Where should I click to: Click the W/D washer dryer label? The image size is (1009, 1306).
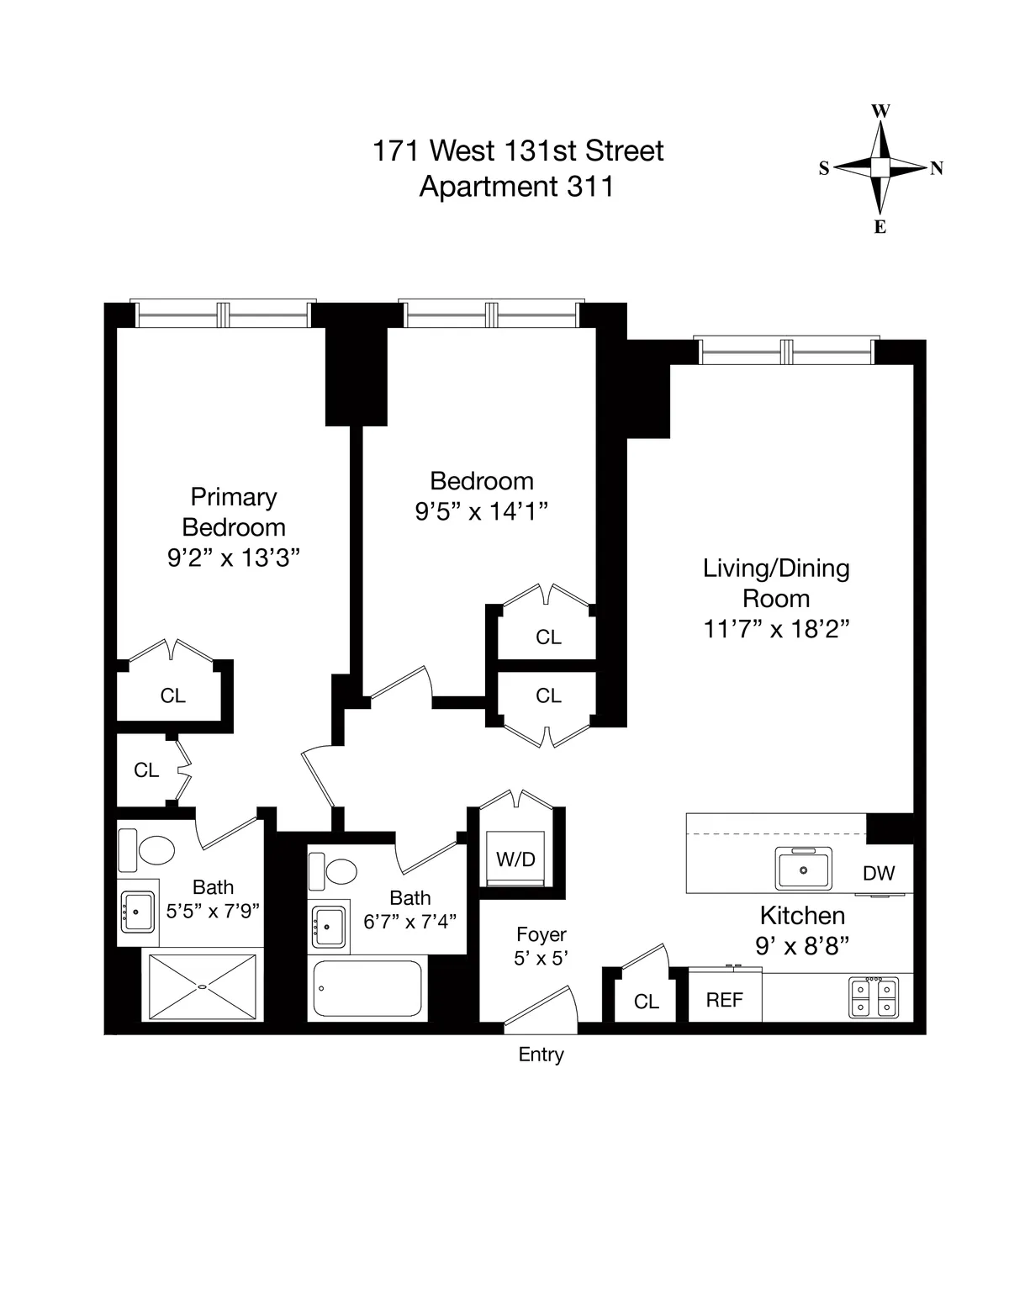(x=515, y=859)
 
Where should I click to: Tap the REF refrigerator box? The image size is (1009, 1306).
(x=724, y=999)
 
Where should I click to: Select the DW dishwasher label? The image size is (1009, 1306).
(x=879, y=873)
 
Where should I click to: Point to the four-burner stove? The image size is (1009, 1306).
(x=874, y=997)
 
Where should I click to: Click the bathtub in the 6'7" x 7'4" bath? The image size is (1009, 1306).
(x=367, y=989)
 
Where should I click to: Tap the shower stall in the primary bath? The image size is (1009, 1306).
(x=202, y=986)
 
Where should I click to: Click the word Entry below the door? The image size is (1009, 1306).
(x=541, y=1055)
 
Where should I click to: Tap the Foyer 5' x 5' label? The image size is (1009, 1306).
(x=541, y=945)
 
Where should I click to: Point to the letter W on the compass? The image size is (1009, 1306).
(x=880, y=111)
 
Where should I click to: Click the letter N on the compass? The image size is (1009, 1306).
(x=936, y=168)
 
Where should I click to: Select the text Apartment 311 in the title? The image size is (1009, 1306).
(x=516, y=186)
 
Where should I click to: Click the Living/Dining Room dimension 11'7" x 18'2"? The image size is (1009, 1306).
(x=776, y=629)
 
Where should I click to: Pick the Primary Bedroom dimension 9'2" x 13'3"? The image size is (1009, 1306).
(x=234, y=558)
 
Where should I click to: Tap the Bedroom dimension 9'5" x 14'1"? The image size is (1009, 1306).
(x=482, y=511)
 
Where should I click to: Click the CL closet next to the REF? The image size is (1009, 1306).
(x=646, y=1001)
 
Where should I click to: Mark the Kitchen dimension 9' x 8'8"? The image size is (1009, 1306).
(x=802, y=945)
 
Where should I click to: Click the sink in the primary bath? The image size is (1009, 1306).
(x=138, y=912)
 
